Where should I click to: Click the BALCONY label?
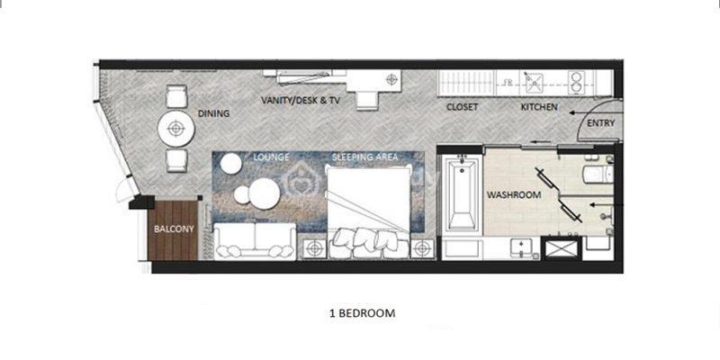pyautogui.click(x=174, y=229)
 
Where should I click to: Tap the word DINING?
pyautogui.click(x=213, y=113)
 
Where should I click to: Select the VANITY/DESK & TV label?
pyautogui.click(x=301, y=100)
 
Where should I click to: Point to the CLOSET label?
pyautogui.click(x=463, y=107)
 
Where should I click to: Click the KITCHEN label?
pyautogui.click(x=539, y=107)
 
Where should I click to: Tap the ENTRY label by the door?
pyautogui.click(x=600, y=123)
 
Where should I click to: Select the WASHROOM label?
pyautogui.click(x=514, y=195)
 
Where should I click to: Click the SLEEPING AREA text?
pyautogui.click(x=365, y=157)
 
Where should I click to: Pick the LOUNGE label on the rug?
pyautogui.click(x=272, y=157)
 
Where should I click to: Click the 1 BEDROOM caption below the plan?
pyautogui.click(x=363, y=313)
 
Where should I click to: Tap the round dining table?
pyautogui.click(x=175, y=129)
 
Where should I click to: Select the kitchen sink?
pyautogui.click(x=535, y=83)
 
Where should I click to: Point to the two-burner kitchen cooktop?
pyautogui.click(x=575, y=83)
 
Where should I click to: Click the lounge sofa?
pyautogui.click(x=255, y=240)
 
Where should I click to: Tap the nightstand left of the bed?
pyautogui.click(x=314, y=249)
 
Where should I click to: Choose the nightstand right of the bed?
pyautogui.click(x=422, y=249)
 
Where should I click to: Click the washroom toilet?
pyautogui.click(x=598, y=174)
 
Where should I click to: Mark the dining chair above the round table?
pyautogui.click(x=176, y=96)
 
